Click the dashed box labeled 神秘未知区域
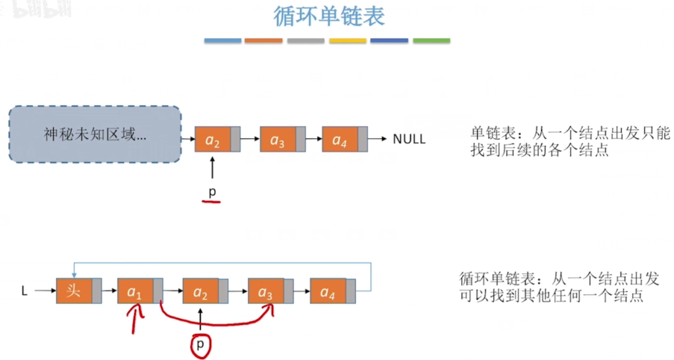coord(95,134)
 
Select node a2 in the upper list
coord(213,140)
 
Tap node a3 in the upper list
coord(278,140)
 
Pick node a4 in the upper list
coord(340,140)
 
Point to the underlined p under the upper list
coord(212,192)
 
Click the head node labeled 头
coord(74,291)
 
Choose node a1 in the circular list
coord(135,291)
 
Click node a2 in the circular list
coord(201,291)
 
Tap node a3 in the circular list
coord(266,291)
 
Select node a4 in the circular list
coord(328,291)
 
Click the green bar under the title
coord(431,40)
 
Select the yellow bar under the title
coord(348,40)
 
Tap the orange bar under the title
coord(264,40)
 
